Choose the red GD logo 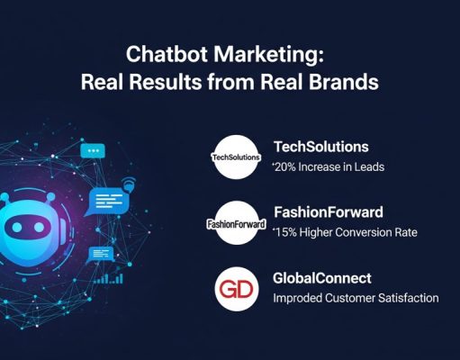tap(236, 289)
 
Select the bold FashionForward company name tap(329, 213)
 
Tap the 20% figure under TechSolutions tap(285, 167)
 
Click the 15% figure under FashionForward tap(285, 234)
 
